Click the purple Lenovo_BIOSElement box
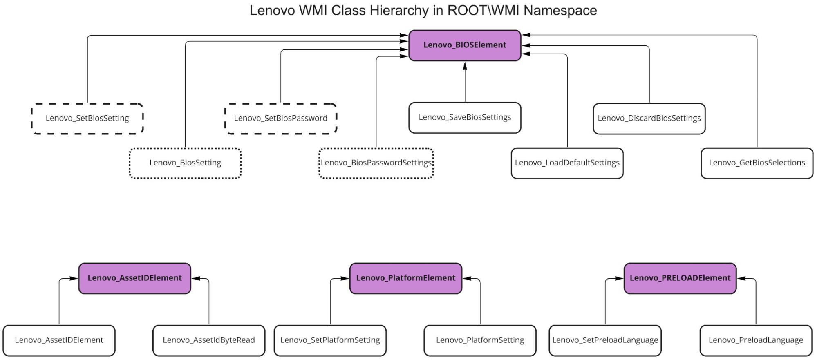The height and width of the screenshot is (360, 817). click(x=465, y=45)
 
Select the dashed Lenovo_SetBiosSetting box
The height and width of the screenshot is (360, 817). click(x=87, y=119)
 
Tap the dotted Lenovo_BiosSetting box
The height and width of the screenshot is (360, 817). click(x=185, y=163)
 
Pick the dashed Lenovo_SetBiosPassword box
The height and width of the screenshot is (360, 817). click(x=280, y=119)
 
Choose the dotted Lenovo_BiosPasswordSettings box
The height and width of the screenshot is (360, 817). click(x=376, y=163)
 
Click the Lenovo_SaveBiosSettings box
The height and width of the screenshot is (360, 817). click(x=465, y=118)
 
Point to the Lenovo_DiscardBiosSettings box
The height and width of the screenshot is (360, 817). click(x=649, y=119)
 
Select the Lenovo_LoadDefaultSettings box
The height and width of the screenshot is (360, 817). click(x=567, y=163)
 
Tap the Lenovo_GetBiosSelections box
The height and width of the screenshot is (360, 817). click(x=757, y=163)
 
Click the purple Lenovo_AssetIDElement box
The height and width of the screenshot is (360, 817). click(x=134, y=278)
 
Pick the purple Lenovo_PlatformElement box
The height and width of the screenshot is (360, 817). click(x=405, y=278)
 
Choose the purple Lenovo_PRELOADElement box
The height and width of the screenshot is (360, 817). click(x=680, y=278)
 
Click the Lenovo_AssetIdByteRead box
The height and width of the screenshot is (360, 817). click(x=208, y=340)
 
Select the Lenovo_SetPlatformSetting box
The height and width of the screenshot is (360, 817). click(x=330, y=340)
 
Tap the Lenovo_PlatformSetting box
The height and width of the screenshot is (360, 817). click(x=480, y=340)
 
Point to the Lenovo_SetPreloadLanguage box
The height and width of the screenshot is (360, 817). click(x=605, y=340)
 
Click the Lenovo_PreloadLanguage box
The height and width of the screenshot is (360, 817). click(x=756, y=340)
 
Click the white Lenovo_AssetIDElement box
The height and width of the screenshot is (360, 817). click(x=59, y=340)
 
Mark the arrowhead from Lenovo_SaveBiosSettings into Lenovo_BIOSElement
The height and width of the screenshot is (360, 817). click(x=465, y=66)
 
